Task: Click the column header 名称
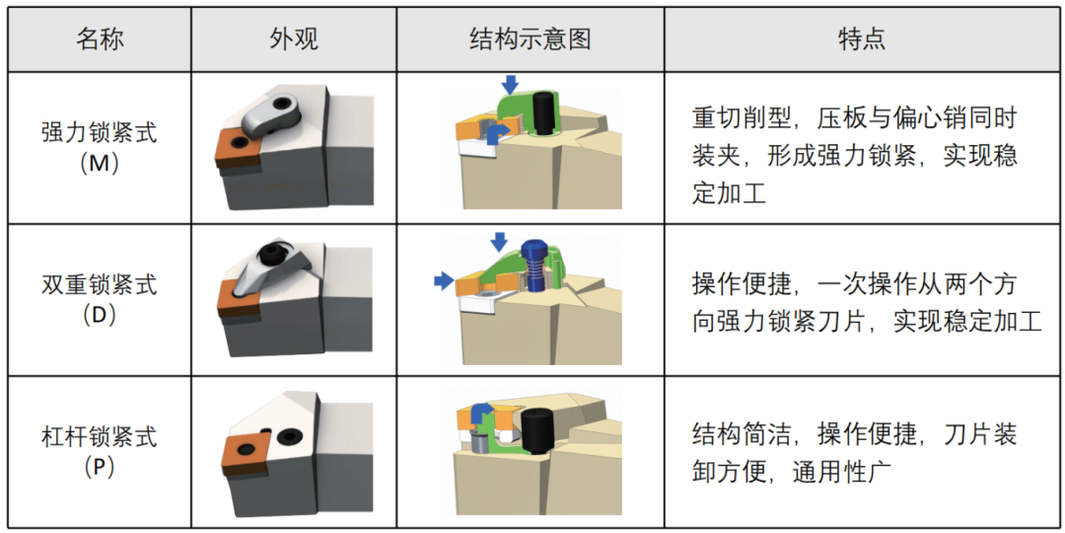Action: point(100,40)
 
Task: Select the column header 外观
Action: point(294,40)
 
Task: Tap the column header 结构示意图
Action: point(530,40)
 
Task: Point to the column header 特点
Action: point(862,40)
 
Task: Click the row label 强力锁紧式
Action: point(100,132)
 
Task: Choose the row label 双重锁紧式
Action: point(100,285)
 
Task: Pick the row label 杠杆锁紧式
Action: point(100,436)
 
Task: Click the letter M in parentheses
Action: point(100,165)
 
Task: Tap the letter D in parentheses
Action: point(100,316)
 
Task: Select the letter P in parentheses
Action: point(100,468)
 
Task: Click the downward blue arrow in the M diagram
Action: point(510,84)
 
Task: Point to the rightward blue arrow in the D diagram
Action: point(444,280)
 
